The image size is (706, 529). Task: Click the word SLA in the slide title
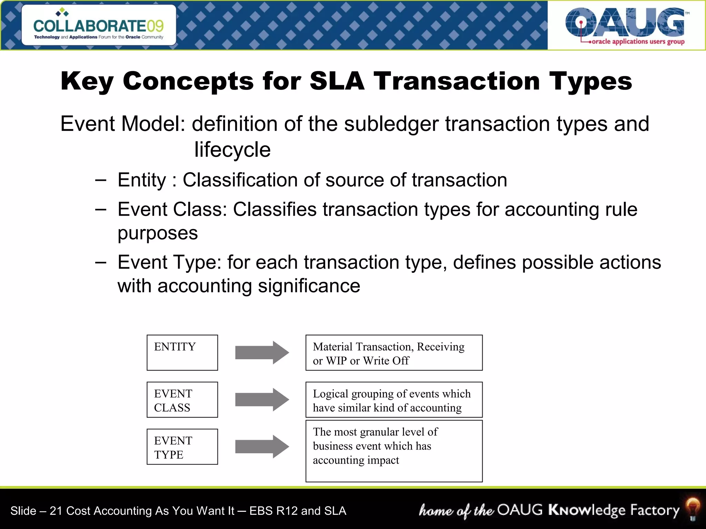[x=337, y=81]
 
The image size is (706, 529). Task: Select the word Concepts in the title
[x=188, y=81]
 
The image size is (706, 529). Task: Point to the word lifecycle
[x=232, y=150]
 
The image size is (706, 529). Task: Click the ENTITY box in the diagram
[x=182, y=352]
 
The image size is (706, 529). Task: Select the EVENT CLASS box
[x=182, y=400]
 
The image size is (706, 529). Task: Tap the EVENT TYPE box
[x=182, y=447]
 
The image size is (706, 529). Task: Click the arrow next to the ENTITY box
[x=262, y=352]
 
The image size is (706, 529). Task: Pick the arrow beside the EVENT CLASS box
[x=262, y=400]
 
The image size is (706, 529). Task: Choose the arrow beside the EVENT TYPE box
[x=262, y=447]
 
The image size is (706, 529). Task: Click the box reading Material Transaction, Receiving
[x=394, y=352]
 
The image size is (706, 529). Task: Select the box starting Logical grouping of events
[x=394, y=400]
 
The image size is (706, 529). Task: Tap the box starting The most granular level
[x=394, y=450]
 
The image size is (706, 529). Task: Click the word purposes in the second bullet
[x=158, y=234]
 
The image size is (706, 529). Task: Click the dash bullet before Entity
[x=101, y=180]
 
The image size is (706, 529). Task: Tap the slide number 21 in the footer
[x=55, y=511]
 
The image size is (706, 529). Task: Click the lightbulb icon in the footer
[x=692, y=509]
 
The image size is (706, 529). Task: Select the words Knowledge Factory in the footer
[x=614, y=510]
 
